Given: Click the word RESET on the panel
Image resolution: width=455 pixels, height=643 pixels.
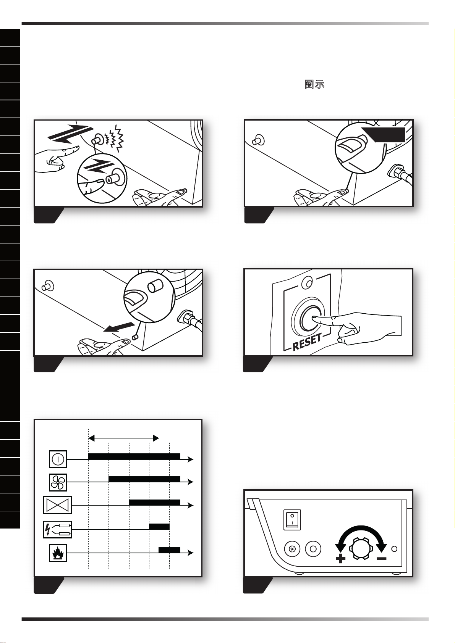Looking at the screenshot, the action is [x=307, y=342].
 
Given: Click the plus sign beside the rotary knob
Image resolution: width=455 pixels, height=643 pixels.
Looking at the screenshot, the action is [x=340, y=559].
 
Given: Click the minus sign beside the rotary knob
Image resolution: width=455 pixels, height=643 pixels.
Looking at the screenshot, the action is [x=381, y=559].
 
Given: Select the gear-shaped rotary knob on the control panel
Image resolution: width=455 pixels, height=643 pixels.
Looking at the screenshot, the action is [x=361, y=549].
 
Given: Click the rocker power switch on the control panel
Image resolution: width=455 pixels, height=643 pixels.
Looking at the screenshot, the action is [x=292, y=520].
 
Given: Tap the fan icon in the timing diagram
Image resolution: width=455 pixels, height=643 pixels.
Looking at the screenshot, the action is [x=58, y=482].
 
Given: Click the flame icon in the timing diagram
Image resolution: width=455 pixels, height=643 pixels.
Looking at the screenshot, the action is [x=58, y=553].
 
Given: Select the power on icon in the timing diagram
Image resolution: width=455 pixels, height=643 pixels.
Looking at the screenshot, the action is [x=58, y=459].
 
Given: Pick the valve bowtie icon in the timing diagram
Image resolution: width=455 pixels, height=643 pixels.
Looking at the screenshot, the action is [x=57, y=505].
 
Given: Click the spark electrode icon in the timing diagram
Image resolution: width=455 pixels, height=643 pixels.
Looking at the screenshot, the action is [x=57, y=529].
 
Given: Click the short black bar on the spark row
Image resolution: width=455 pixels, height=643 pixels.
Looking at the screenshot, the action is [x=159, y=527].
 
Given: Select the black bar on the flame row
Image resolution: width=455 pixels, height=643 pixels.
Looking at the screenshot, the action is [x=170, y=550].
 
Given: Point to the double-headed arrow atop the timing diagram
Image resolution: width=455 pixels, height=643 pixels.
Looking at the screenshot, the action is [x=124, y=438].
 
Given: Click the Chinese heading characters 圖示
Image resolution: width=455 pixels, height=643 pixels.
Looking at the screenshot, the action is [x=314, y=84].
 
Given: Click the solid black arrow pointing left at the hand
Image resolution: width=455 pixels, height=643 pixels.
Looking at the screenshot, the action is [x=119, y=327].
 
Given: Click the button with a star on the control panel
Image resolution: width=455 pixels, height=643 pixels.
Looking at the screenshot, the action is [x=292, y=549].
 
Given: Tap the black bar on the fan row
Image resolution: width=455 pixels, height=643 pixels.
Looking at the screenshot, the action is [x=144, y=479].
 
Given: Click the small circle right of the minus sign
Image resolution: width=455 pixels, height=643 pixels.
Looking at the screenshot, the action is [x=394, y=549].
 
